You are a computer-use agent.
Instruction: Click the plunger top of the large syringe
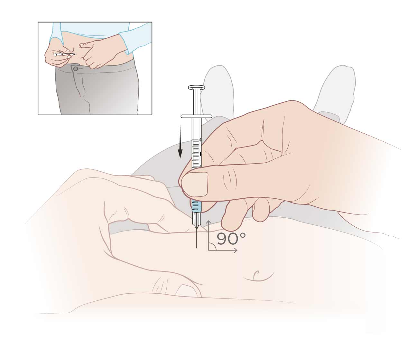[x=196, y=87]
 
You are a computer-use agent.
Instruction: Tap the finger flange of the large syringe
[x=196, y=116]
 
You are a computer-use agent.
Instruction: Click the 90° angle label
[x=231, y=239]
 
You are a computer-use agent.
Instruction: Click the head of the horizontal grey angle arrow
[x=236, y=251]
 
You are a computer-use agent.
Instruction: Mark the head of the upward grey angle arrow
[x=208, y=222]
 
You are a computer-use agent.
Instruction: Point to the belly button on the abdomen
[x=256, y=274]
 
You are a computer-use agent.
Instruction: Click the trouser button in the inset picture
[x=75, y=69]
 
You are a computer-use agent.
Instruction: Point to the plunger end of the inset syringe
[x=55, y=55]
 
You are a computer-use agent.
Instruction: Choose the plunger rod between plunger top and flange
[x=196, y=103]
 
